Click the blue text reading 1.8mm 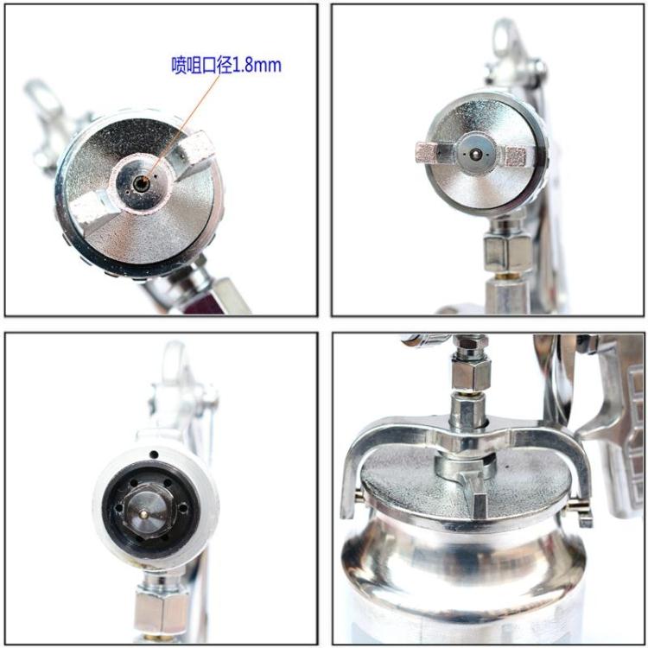257,66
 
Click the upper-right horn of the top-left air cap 194,150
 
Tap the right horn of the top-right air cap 515,156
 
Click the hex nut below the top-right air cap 506,250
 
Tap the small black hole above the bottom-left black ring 154,454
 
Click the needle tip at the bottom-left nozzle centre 143,514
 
